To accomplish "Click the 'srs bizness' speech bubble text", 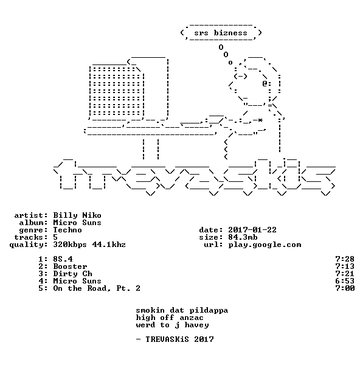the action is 221,33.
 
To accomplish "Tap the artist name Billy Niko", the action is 77,215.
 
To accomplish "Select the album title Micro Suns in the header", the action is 77,223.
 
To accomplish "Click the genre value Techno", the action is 67,230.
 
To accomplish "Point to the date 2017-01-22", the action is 252,230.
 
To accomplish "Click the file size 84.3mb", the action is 243,237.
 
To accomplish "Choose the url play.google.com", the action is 265,245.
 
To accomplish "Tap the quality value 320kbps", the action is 70,245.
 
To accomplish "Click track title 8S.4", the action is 63,259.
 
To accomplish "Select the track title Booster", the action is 70,266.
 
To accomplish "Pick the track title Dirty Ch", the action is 72,274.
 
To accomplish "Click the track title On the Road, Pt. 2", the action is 97,288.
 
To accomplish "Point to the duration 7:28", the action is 345,259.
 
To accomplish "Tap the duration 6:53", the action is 345,281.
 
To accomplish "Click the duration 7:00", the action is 345,288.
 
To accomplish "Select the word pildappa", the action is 209,311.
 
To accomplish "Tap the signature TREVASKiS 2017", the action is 179,339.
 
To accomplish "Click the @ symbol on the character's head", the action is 265,83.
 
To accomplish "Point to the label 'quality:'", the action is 29,245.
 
